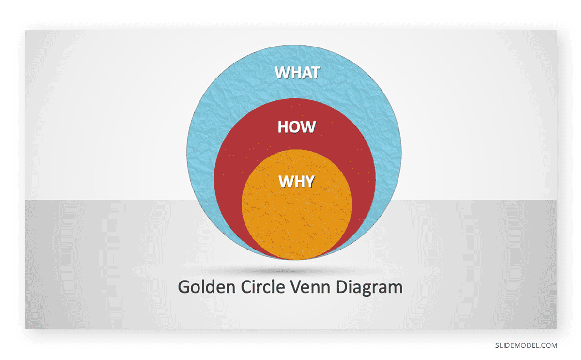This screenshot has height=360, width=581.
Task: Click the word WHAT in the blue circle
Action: pos(297,72)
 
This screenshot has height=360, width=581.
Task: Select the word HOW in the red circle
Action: pos(297,127)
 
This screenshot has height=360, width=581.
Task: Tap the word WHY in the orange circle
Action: pos(297,181)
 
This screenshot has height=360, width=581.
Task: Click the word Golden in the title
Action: pos(206,287)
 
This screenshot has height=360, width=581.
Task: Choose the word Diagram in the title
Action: pos(369,288)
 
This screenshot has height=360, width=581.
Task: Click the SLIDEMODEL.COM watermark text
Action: pos(526,345)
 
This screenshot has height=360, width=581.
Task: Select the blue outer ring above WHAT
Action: pos(294,54)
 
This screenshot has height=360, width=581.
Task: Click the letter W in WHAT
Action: pos(282,72)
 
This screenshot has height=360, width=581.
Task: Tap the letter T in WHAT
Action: pos(315,72)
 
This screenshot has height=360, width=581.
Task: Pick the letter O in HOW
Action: pos(296,127)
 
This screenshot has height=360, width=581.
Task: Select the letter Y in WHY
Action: pos(310,181)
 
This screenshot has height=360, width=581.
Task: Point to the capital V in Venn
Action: pos(296,287)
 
